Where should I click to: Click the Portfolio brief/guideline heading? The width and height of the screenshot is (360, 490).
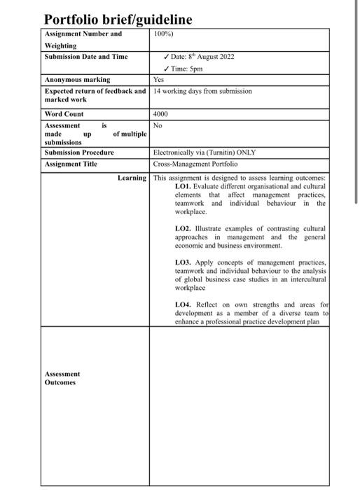point(118,19)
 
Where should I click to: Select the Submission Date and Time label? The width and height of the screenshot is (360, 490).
point(86,56)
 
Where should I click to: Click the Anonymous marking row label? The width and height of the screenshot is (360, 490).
point(77,80)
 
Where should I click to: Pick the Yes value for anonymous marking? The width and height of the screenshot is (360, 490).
point(158,80)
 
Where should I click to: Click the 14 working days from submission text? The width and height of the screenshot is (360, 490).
point(202,91)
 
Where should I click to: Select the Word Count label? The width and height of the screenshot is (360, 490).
point(64,113)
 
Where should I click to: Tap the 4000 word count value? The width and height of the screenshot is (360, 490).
point(161,113)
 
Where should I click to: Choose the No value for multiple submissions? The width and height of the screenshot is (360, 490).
point(158,125)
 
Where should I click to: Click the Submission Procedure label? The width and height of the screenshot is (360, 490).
point(79,152)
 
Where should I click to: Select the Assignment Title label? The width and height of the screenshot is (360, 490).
point(71,164)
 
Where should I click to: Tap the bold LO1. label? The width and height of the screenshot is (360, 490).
point(183,187)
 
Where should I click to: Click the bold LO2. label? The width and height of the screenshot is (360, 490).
point(183,228)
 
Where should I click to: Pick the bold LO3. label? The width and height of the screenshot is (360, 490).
point(183,262)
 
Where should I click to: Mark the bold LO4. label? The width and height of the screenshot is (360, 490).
point(183,304)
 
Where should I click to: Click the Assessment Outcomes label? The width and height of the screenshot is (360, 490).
point(62,378)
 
